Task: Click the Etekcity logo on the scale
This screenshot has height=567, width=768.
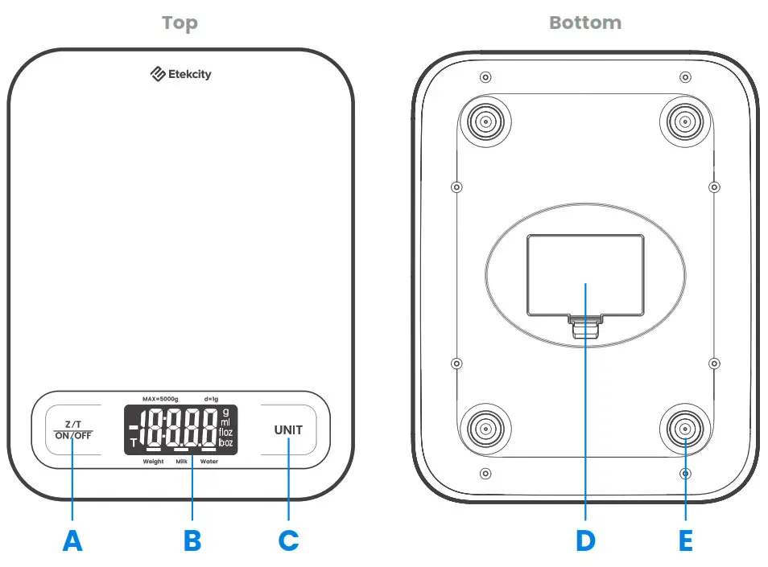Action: (x=181, y=75)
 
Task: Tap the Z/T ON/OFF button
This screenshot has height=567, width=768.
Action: (x=72, y=429)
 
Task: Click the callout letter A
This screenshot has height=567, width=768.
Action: (x=72, y=541)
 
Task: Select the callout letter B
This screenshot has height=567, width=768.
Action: (x=192, y=541)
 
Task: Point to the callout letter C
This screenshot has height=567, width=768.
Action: (x=288, y=541)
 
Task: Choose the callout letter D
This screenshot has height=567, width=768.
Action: (x=585, y=541)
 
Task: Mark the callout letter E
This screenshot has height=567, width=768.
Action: (x=685, y=541)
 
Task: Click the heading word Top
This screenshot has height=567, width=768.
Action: (x=180, y=23)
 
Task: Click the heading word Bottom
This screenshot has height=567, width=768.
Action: (x=585, y=23)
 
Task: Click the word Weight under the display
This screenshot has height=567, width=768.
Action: (x=153, y=462)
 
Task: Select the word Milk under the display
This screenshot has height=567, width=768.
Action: (x=182, y=462)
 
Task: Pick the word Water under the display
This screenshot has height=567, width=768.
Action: (x=209, y=462)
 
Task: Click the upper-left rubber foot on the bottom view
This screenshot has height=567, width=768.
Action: (x=486, y=123)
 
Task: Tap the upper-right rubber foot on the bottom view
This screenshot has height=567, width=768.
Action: (x=684, y=123)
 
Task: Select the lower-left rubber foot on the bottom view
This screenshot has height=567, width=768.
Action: (x=486, y=426)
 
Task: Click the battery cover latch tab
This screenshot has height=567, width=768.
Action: (x=585, y=328)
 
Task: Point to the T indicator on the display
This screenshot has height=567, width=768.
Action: (x=134, y=442)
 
